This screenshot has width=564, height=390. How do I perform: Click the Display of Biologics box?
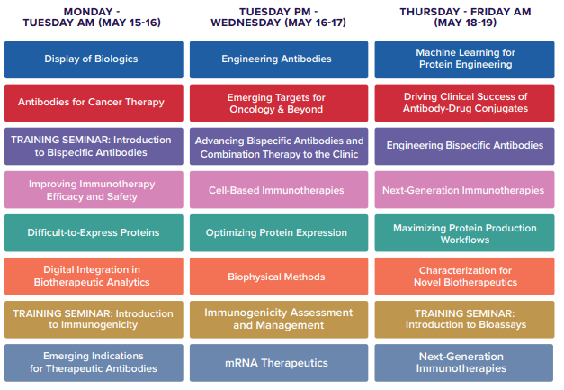[94, 59]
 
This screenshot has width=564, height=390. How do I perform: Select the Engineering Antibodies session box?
[279, 59]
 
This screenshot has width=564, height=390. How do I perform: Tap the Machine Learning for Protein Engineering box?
[464, 59]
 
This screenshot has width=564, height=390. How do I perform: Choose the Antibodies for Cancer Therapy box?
[94, 103]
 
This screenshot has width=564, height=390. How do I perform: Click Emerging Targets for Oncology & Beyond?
[279, 103]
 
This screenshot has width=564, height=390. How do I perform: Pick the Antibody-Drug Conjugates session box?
[464, 103]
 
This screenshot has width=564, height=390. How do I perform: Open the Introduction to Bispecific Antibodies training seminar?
[94, 146]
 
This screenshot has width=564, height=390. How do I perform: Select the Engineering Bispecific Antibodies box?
[464, 146]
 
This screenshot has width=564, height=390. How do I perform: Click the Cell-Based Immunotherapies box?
[279, 190]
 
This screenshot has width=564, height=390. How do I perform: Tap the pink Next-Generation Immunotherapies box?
[464, 190]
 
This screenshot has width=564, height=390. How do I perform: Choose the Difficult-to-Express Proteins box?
[94, 233]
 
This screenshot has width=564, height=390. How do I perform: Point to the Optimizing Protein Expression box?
[279, 233]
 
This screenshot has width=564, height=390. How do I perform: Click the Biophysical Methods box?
[279, 277]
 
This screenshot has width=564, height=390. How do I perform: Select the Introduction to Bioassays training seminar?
[464, 320]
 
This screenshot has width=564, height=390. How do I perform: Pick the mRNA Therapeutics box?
[279, 363]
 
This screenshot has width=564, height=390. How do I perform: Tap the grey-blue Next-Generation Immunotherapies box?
[463, 363]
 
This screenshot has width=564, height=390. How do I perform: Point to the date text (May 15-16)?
[130, 23]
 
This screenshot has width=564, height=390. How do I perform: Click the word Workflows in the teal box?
[465, 240]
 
